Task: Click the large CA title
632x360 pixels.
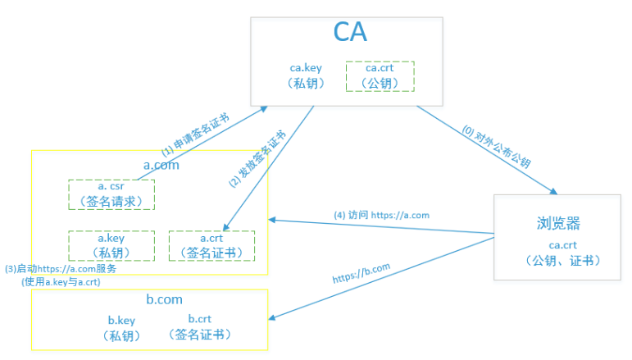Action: [x=349, y=33]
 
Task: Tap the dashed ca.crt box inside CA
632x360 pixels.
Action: [x=380, y=75]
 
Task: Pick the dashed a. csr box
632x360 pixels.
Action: [x=111, y=194]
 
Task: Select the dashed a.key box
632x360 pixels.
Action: [x=111, y=244]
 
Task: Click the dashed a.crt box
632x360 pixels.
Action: [x=211, y=244]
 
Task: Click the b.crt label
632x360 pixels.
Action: [x=202, y=319]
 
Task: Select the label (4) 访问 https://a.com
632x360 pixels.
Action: [x=381, y=215]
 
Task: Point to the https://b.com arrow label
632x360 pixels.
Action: [x=361, y=272]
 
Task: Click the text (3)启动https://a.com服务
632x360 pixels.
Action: [x=61, y=268]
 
